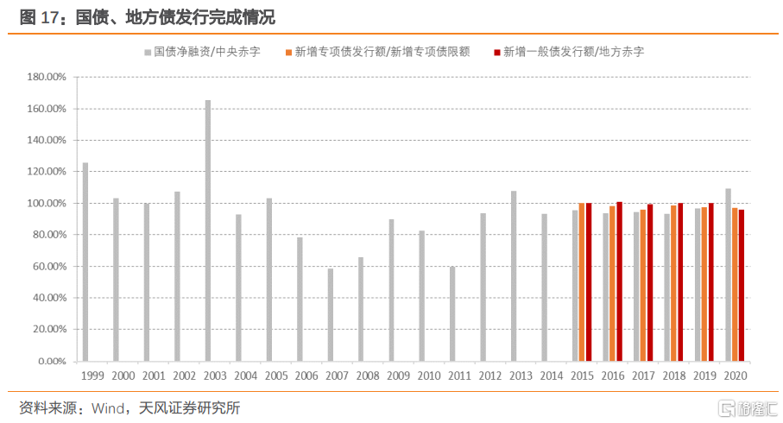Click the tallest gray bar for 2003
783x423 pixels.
[208, 230]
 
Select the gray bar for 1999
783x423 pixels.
[85, 262]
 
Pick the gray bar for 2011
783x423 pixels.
[452, 313]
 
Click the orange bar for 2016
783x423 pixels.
[612, 283]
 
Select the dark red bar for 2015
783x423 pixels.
[589, 281]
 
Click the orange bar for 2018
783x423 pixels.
[673, 283]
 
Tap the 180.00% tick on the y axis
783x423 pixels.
[47, 77]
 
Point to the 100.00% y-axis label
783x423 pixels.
[47, 204]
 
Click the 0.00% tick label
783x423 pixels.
[51, 361]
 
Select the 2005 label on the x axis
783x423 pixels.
[276, 376]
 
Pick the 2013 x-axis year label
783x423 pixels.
[521, 376]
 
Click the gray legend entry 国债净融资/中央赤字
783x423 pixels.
[200, 52]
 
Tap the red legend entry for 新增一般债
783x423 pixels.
[568, 52]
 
